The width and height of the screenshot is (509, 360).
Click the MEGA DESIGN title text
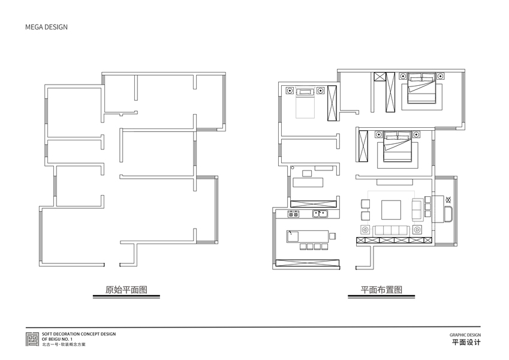(x=46, y=27)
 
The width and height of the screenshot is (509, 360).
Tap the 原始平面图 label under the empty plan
(x=127, y=289)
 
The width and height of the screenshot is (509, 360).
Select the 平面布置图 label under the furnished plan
(x=381, y=289)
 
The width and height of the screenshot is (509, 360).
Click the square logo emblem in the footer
(x=32, y=339)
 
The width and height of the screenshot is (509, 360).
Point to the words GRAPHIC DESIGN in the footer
(x=465, y=335)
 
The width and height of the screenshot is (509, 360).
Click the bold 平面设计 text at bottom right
(x=466, y=342)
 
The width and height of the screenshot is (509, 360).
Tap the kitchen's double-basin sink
(x=320, y=214)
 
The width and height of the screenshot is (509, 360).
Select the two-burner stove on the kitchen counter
(x=293, y=214)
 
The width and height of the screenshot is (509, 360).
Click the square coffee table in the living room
(x=391, y=210)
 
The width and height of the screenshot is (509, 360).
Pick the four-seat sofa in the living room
(x=391, y=230)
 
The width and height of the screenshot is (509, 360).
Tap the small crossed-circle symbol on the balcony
(x=448, y=199)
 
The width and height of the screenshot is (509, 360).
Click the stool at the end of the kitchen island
(x=332, y=236)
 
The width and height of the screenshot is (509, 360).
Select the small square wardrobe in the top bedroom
(x=379, y=77)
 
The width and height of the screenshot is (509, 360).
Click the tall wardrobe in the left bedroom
(x=332, y=103)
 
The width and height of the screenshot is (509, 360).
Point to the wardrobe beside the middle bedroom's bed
(x=363, y=146)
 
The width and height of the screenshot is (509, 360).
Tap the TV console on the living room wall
(x=394, y=182)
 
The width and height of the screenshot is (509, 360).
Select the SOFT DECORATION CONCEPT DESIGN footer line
(x=79, y=334)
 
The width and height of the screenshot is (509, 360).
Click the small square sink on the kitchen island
(x=293, y=236)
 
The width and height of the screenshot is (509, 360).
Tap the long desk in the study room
(x=308, y=182)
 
